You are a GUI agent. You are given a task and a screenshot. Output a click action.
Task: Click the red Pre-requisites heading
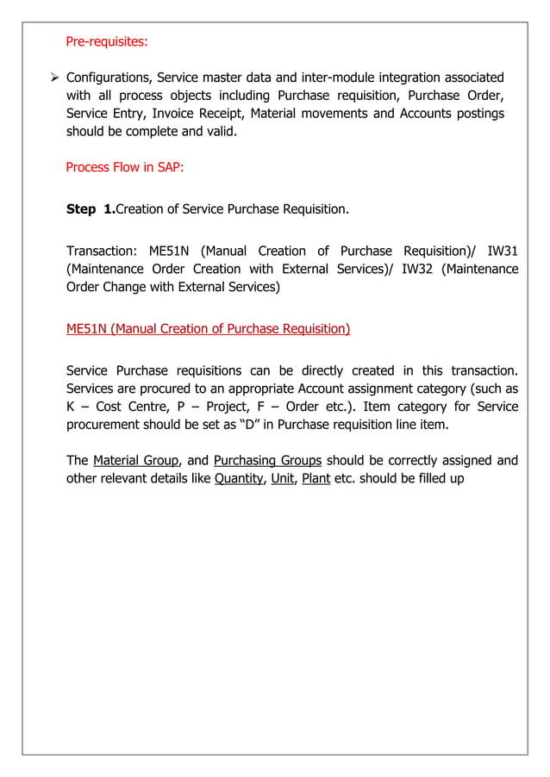coord(106,40)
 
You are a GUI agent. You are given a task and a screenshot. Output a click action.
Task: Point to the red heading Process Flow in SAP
coord(124,167)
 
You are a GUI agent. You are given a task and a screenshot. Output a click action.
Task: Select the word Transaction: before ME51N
coord(102,251)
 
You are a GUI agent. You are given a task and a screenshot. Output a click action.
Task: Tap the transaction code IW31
coord(499,251)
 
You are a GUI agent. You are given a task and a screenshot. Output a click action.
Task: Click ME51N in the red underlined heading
coord(86,328)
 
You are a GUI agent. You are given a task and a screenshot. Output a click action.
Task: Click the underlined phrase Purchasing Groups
coord(267,460)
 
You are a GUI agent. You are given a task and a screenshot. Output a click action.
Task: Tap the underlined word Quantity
coord(238,478)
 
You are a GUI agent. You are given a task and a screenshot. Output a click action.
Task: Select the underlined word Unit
coord(282,478)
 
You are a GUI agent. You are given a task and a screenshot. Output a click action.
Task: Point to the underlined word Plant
coord(316,478)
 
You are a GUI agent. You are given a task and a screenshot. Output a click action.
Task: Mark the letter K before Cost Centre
coord(72,406)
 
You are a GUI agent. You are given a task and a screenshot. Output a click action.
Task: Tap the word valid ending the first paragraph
coord(218,132)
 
